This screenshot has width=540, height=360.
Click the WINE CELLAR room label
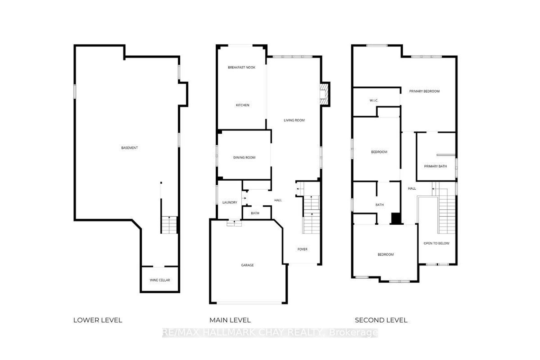click(x=160, y=280)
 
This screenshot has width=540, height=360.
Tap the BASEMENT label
click(x=130, y=148)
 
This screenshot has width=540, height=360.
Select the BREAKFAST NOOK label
click(x=242, y=67)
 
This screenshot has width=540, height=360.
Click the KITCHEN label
click(x=242, y=105)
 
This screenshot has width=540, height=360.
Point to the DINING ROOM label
click(x=244, y=157)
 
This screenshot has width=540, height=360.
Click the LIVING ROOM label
click(x=294, y=120)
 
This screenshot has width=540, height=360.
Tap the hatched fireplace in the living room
click(x=324, y=94)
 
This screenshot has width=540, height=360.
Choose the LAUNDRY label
click(x=230, y=202)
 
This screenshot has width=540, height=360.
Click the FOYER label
click(x=302, y=249)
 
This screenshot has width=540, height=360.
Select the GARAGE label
click(x=248, y=265)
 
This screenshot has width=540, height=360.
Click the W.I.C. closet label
click(x=374, y=100)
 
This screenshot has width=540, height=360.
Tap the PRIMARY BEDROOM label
click(x=424, y=91)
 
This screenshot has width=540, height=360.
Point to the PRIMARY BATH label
click(x=435, y=166)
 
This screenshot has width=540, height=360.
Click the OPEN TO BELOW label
click(x=437, y=243)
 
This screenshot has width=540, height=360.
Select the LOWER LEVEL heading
click(x=98, y=320)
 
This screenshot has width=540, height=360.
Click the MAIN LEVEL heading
click(x=230, y=320)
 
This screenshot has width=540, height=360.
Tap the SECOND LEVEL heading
click(x=381, y=320)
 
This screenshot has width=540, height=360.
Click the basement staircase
click(x=169, y=225)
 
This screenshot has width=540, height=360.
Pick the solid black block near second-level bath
click(x=396, y=219)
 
